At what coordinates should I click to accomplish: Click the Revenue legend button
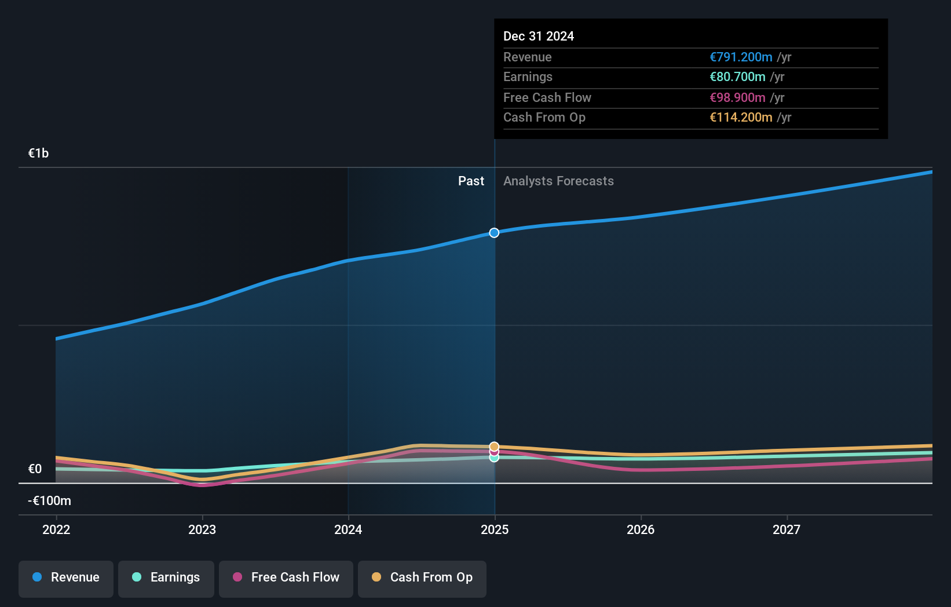click(x=66, y=578)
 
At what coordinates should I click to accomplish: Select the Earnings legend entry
click(x=166, y=578)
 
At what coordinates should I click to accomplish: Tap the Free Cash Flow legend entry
click(x=286, y=578)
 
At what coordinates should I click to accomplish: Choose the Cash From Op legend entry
click(x=422, y=578)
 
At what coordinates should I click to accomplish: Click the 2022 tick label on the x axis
click(x=56, y=530)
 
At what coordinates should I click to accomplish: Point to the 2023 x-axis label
click(x=202, y=530)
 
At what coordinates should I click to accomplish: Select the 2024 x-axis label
click(x=348, y=530)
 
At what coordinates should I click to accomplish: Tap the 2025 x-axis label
click(x=495, y=530)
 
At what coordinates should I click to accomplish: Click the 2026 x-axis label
click(x=641, y=530)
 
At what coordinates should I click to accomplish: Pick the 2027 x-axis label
click(x=787, y=530)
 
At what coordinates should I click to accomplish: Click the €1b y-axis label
click(x=38, y=153)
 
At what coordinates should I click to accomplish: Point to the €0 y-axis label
click(x=35, y=469)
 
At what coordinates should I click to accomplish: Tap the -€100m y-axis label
click(x=49, y=501)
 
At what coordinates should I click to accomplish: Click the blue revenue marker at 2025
click(x=494, y=233)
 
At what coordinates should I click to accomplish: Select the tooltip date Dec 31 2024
click(x=539, y=36)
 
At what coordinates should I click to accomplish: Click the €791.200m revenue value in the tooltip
click(x=741, y=57)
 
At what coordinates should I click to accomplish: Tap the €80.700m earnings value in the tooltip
click(x=737, y=77)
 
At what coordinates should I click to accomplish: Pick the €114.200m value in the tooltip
click(x=741, y=118)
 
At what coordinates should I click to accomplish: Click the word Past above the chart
click(x=471, y=181)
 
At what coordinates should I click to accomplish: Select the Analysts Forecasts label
click(x=558, y=181)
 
